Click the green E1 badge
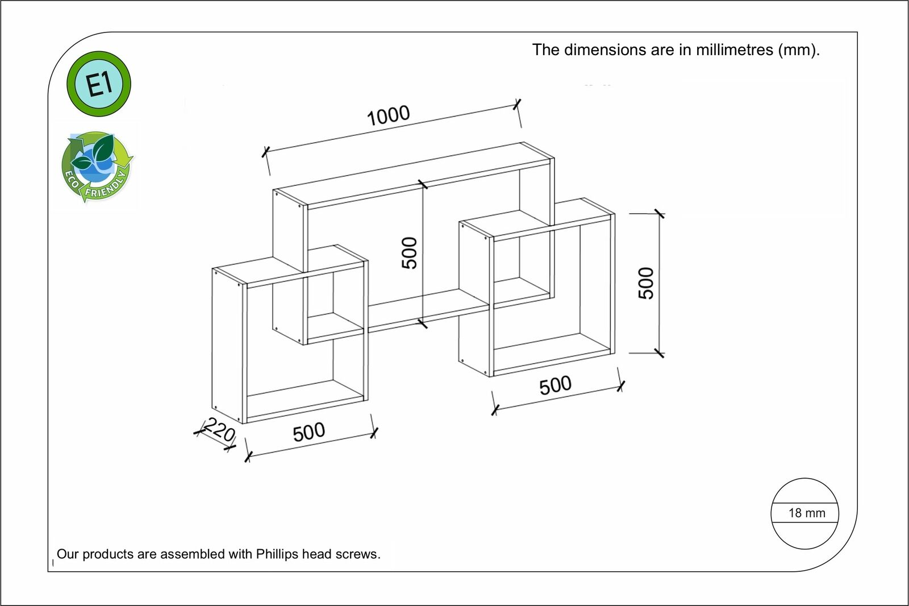(99, 84)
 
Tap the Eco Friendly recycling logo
(97, 167)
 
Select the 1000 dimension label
(388, 116)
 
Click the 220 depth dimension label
(219, 430)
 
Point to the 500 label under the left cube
(309, 432)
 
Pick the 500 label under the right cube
(555, 385)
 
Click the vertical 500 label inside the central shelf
(410, 252)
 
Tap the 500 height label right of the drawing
(646, 283)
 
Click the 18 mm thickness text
(806, 513)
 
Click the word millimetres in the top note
(735, 50)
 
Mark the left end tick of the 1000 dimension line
(265, 152)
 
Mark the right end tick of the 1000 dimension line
(517, 104)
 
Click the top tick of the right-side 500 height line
(659, 214)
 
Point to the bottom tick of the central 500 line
(423, 323)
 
